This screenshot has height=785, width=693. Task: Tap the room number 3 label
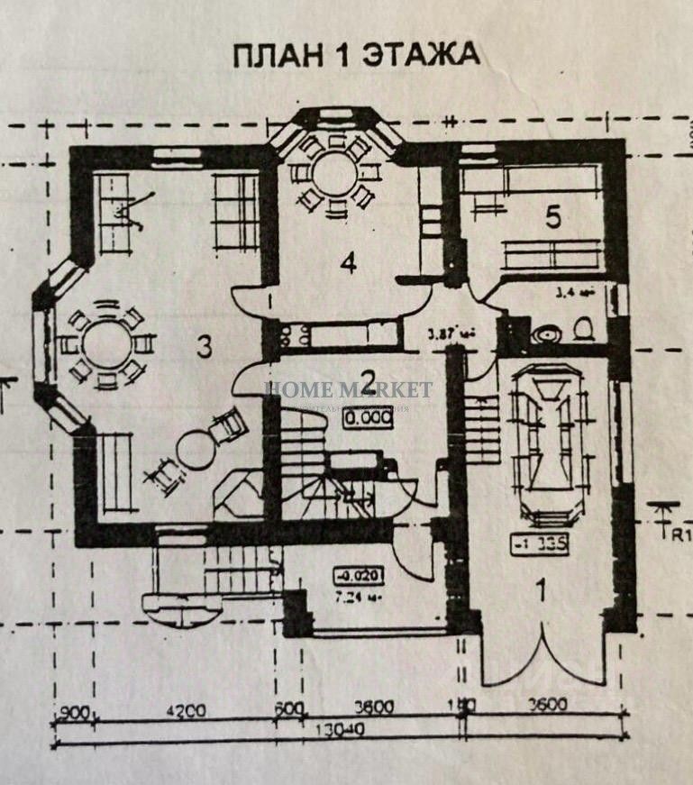point(205,347)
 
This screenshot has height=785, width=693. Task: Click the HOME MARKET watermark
point(349,389)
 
